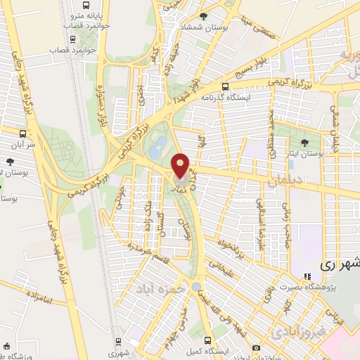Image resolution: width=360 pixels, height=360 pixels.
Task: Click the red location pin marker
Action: click(181, 165)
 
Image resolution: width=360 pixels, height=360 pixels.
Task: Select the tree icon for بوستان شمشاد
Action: click(204, 17)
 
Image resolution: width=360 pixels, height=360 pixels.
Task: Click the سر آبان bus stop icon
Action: click(24, 132)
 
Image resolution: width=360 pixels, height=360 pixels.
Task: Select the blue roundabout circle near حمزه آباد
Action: click(195, 287)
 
